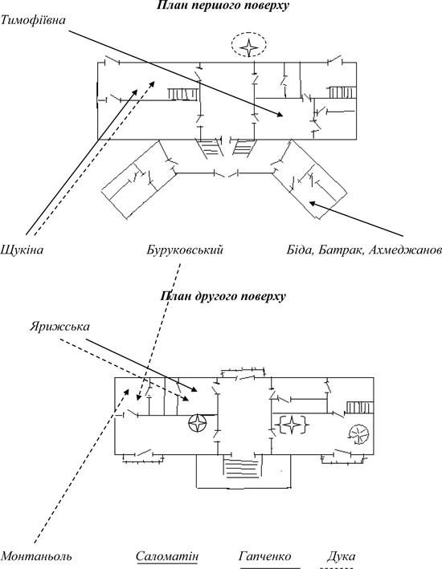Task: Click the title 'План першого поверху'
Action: pos(223,5)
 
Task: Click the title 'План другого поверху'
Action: pos(223,296)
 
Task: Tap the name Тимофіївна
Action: pos(33,19)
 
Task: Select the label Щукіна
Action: pos(22,250)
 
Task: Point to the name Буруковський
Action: pos(185,250)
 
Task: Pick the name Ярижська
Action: pos(60,326)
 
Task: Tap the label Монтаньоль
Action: pos(36,556)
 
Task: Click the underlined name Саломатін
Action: pos(168,556)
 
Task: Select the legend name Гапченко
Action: pos(265,556)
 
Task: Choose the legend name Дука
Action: pos(341,556)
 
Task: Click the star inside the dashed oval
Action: pos(249,47)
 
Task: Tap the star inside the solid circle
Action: pos(198,423)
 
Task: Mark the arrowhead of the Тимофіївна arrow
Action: pos(279,115)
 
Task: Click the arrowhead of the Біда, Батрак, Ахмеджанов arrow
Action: pos(312,203)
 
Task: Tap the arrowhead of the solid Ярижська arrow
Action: pos(194,389)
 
